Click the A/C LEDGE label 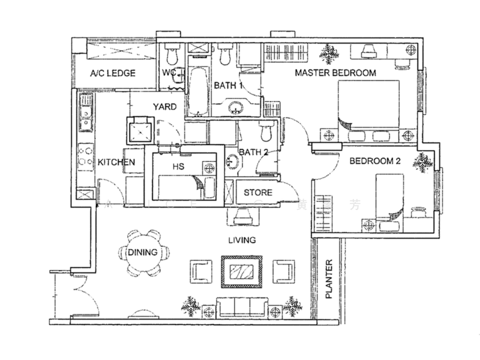[112, 74]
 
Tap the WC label [170, 73]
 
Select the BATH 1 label [229, 86]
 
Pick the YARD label [164, 107]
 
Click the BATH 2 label [253, 152]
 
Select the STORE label [258, 193]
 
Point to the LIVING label [242, 240]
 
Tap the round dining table [142, 253]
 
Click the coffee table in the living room [241, 271]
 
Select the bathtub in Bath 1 [199, 93]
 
